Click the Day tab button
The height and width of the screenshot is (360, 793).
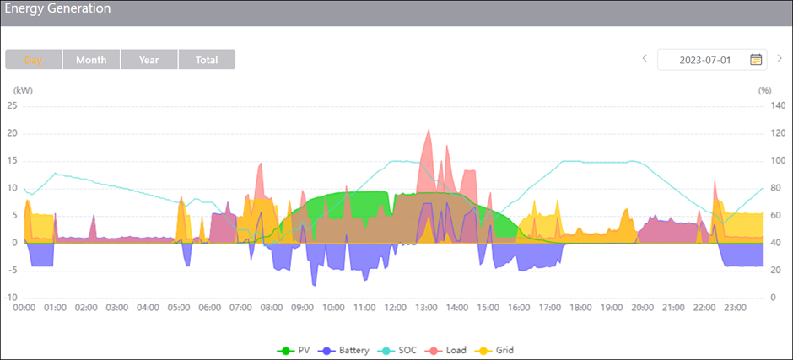34,60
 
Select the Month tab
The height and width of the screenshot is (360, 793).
91,60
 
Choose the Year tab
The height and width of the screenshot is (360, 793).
149,60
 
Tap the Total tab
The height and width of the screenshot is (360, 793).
207,60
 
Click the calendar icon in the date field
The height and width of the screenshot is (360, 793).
756,59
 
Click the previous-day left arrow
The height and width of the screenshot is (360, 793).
645,59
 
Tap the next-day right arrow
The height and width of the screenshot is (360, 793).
780,59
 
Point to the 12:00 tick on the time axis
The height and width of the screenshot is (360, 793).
396,309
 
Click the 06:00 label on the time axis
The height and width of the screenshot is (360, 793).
210,309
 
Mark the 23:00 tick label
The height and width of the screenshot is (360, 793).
736,309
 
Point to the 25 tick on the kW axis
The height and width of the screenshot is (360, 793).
12,105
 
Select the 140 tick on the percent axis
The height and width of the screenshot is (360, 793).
765,105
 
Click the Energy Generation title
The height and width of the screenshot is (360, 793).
57,8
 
